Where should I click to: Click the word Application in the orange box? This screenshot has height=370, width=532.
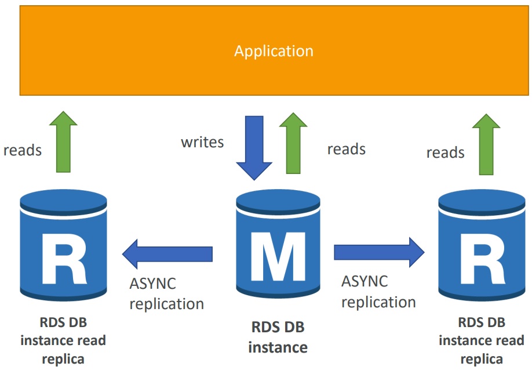pyautogui.click(x=274, y=51)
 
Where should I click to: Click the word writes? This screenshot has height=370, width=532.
pyautogui.click(x=202, y=142)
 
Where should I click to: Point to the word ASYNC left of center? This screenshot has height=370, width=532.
pyautogui.click(x=152, y=285)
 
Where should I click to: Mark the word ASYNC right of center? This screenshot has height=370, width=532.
pyautogui.click(x=365, y=282)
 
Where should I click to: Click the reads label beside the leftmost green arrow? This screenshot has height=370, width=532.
pyautogui.click(x=23, y=150)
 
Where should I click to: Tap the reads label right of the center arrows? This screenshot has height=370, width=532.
pyautogui.click(x=346, y=149)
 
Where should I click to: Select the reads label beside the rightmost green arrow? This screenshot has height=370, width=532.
pyautogui.click(x=445, y=153)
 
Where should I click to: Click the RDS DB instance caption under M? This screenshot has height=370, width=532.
pyautogui.click(x=278, y=338)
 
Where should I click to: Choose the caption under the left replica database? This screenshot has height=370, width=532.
pyautogui.click(x=63, y=340)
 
